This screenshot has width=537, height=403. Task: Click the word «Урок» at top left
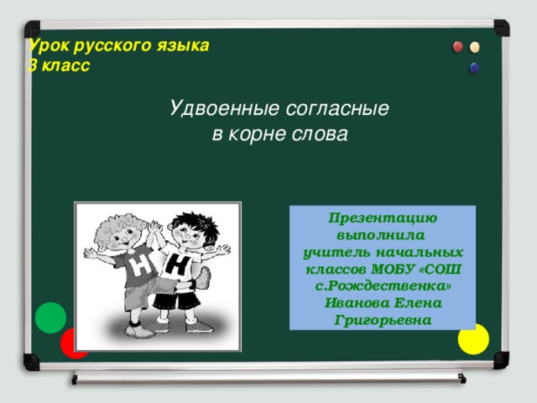tap(47, 46)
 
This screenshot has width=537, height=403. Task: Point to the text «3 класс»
tap(59, 65)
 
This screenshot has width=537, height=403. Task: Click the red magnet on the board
tap(457, 46)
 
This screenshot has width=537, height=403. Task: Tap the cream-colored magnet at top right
tap(475, 47)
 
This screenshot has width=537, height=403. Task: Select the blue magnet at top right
tap(474, 67)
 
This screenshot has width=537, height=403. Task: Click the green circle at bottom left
tap(51, 317)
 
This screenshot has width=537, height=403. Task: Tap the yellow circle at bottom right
tap(473, 338)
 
